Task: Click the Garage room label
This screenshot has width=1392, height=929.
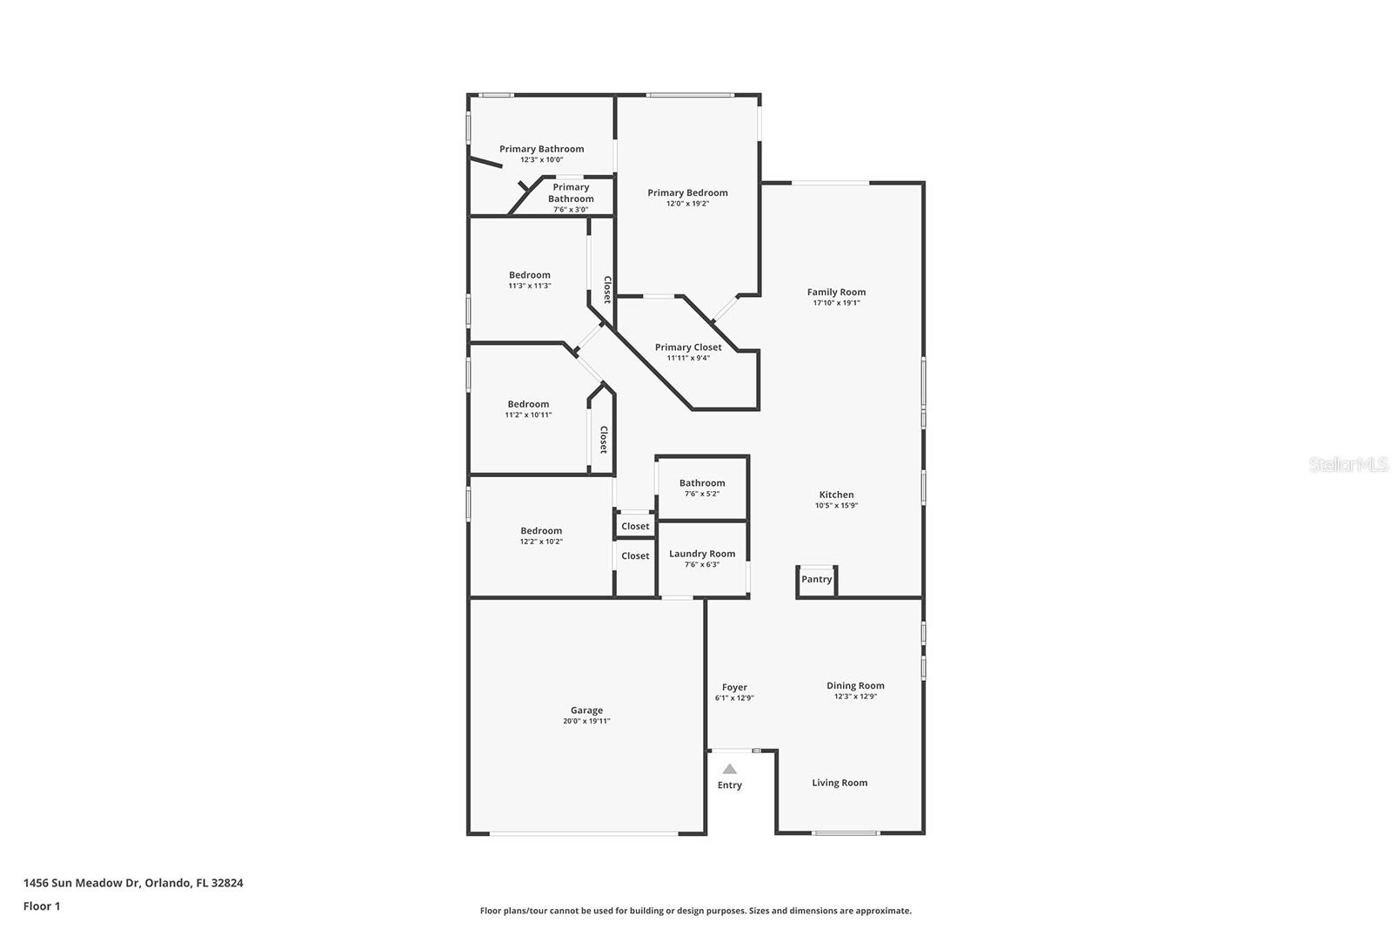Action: point(586,710)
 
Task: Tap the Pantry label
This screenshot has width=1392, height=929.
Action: point(816,579)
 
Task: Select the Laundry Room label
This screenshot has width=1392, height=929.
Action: point(701,554)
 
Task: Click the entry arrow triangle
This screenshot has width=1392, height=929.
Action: point(730,769)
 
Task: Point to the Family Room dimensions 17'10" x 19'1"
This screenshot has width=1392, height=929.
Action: point(836,303)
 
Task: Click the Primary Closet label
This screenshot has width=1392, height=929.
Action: point(687,347)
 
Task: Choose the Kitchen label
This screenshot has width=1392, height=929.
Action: point(836,495)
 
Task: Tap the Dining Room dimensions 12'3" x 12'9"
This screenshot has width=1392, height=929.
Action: point(855,697)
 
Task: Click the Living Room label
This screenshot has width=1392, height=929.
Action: point(840,783)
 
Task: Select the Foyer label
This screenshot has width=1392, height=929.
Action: point(734,687)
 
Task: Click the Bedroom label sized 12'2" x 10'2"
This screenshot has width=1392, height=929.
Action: point(541,531)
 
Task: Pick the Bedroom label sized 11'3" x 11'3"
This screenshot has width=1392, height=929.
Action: point(529,275)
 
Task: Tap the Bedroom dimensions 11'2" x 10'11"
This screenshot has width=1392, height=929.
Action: point(528,415)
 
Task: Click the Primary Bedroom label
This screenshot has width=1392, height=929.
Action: point(687,193)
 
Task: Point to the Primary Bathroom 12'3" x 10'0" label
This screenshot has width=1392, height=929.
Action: point(541,149)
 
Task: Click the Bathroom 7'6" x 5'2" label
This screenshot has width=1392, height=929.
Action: point(701,483)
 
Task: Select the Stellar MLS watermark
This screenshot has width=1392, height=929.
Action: point(1348,465)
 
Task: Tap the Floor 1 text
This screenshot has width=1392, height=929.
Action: point(42,906)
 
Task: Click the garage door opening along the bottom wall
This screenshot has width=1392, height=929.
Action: point(585,834)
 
